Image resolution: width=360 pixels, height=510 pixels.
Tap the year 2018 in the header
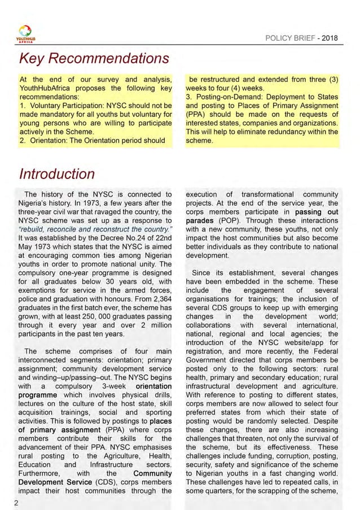tap(330, 37)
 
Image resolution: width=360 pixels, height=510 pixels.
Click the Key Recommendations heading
tap(94, 59)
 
